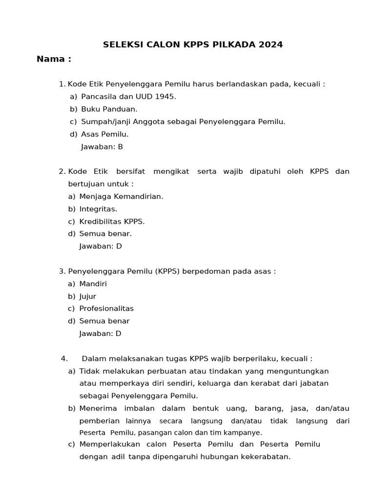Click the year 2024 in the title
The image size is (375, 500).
(x=271, y=45)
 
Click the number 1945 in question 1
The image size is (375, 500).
(x=164, y=97)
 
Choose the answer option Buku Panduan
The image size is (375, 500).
(x=109, y=109)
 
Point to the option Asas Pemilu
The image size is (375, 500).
(x=105, y=134)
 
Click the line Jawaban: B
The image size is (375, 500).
(x=102, y=146)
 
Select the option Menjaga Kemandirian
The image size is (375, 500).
(x=121, y=196)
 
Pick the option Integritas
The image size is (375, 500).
(x=98, y=209)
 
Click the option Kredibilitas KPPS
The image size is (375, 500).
(x=112, y=221)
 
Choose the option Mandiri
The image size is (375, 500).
(x=93, y=284)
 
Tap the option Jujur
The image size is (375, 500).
(x=88, y=296)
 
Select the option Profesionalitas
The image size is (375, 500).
(x=106, y=309)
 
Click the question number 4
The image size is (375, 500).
(x=64, y=359)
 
